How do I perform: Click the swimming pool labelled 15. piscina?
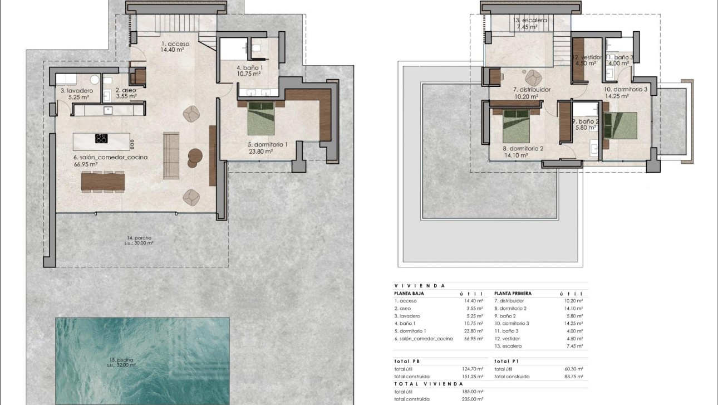point(142,360)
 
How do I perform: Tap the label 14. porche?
point(139,238)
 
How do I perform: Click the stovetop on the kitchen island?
point(101,139)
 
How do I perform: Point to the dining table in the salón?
point(103,181)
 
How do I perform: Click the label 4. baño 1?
point(249,68)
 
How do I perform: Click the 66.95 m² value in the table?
point(473,339)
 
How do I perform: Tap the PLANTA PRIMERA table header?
point(513,293)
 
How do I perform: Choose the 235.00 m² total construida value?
point(472,399)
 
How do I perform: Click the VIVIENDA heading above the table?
point(420,285)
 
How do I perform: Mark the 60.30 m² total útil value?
point(572,369)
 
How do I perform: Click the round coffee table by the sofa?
point(195,155)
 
